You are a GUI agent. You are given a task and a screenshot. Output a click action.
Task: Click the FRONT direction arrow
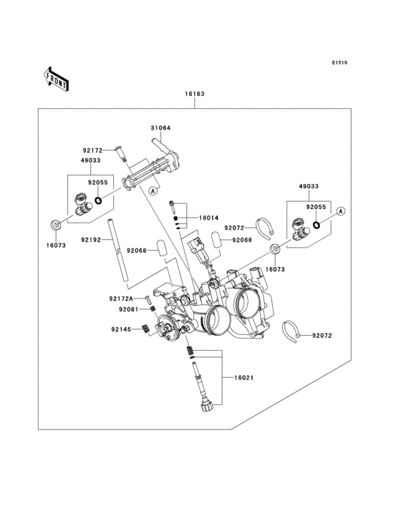(56, 79)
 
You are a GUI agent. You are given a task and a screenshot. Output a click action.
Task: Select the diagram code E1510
(339, 62)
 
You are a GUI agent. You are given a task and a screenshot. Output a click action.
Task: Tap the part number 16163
(195, 94)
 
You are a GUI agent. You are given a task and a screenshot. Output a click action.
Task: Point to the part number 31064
(160, 128)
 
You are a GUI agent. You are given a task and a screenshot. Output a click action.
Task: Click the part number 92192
(90, 240)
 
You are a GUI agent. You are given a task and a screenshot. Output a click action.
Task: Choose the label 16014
(208, 218)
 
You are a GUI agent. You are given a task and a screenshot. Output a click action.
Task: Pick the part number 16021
(243, 378)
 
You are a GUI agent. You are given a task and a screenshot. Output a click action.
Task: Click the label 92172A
(121, 299)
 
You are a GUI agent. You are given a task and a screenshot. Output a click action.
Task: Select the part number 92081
(128, 309)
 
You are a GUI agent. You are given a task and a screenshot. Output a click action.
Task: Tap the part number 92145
(121, 329)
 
